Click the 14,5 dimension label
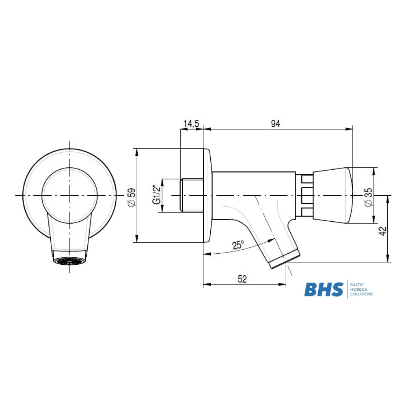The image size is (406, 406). (191, 123)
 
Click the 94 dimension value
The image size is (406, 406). (276, 123)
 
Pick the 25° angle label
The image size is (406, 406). (238, 245)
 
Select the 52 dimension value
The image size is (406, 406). (242, 279)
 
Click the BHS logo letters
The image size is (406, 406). (324, 289)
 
